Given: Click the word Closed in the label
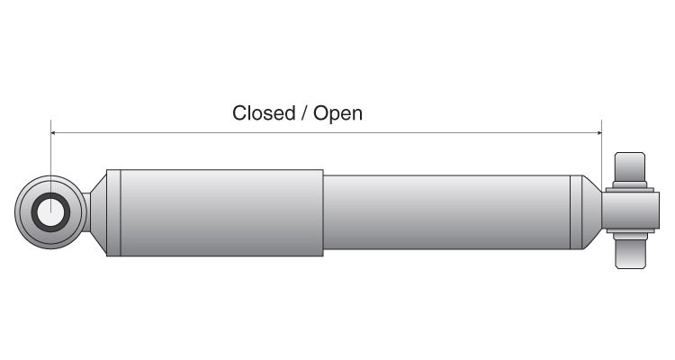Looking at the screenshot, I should [x=264, y=113].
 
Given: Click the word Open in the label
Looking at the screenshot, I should [x=337, y=114].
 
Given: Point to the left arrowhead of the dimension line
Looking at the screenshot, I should [x=55, y=133].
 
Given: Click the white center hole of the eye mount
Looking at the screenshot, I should [x=50, y=213].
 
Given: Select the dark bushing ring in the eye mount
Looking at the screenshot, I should [x=37, y=213].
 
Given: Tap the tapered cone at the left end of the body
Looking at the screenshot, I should [x=100, y=212].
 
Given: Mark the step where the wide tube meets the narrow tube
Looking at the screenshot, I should [x=323, y=213].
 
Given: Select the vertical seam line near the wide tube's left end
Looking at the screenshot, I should [x=120, y=212].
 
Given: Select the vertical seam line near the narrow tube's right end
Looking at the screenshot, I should [x=571, y=213].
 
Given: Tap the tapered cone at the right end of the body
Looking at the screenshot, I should [x=589, y=213].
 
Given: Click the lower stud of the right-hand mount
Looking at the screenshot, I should [x=630, y=256].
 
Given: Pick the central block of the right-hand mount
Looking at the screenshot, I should [x=625, y=212].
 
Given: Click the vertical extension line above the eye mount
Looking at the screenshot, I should [x=51, y=157].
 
